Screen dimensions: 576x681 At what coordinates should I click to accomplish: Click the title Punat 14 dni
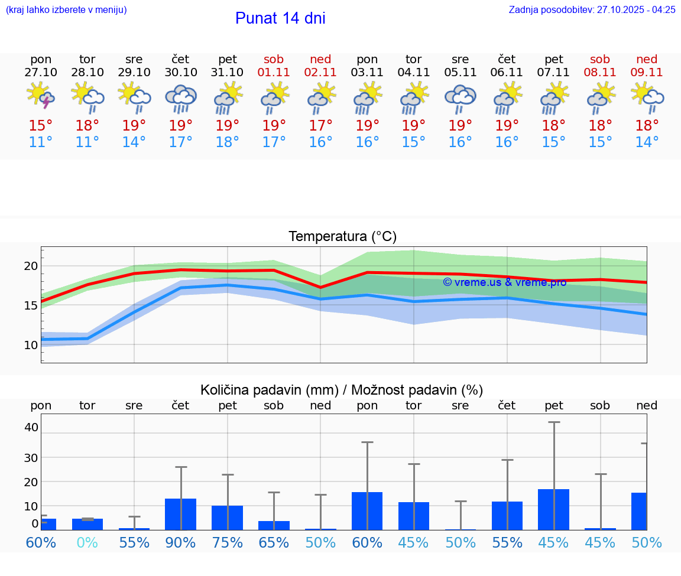pyautogui.click(x=280, y=18)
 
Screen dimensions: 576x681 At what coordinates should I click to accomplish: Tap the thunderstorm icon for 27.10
pyautogui.click(x=41, y=97)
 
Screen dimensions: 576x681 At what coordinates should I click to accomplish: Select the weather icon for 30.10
pyautogui.click(x=180, y=98)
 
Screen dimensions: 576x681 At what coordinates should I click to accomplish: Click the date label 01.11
pyautogui.click(x=274, y=72)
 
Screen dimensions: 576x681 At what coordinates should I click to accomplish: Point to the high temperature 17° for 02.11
pyautogui.click(x=320, y=126)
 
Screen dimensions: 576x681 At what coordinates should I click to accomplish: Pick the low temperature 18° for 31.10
pyautogui.click(x=227, y=142)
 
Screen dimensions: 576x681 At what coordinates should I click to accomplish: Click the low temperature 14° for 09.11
pyautogui.click(x=647, y=142)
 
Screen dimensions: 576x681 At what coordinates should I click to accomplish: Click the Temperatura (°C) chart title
pyautogui.click(x=342, y=237)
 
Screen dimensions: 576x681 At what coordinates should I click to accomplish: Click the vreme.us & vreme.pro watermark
pyautogui.click(x=504, y=282)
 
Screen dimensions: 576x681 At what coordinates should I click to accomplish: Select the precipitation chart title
pyautogui.click(x=342, y=390)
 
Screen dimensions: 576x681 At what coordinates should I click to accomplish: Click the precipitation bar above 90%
pyautogui.click(x=180, y=514)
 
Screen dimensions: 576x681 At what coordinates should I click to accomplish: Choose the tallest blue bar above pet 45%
pyautogui.click(x=553, y=509)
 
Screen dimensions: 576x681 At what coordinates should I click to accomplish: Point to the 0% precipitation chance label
pyautogui.click(x=87, y=542)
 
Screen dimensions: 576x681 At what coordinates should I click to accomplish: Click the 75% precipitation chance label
pyautogui.click(x=227, y=542)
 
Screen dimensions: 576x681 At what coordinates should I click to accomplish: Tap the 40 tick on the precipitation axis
pyautogui.click(x=31, y=427)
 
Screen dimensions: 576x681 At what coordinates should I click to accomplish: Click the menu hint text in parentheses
pyautogui.click(x=66, y=9)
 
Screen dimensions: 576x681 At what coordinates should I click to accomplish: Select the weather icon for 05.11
pyautogui.click(x=460, y=98)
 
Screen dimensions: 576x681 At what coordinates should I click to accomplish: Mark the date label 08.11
pyautogui.click(x=600, y=72)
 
